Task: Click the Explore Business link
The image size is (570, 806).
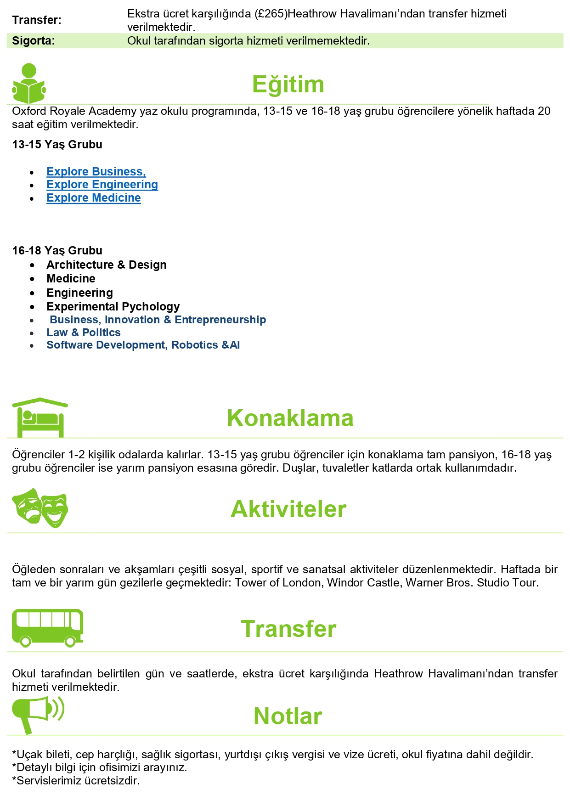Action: point(96,172)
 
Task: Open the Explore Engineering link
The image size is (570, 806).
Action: point(102,185)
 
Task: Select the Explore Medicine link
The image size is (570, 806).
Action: point(94,198)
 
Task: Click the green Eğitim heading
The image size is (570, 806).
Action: point(288,85)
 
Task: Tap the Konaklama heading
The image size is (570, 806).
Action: point(290,418)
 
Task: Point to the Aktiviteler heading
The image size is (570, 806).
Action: point(288,509)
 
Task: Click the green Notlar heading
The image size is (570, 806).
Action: point(288,716)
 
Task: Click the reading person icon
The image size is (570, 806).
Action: point(29,84)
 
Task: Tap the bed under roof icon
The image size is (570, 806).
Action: point(40,417)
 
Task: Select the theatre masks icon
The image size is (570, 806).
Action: point(40,508)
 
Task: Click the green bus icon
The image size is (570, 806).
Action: point(47,628)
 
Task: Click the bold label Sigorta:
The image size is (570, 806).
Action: point(34,41)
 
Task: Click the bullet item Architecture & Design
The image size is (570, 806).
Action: point(106,265)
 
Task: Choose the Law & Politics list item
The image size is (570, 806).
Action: point(84,333)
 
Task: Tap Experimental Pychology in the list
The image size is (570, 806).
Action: point(113,307)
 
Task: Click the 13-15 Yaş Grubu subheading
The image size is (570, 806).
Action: point(57,145)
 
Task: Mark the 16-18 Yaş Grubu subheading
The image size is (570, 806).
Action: point(57,251)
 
